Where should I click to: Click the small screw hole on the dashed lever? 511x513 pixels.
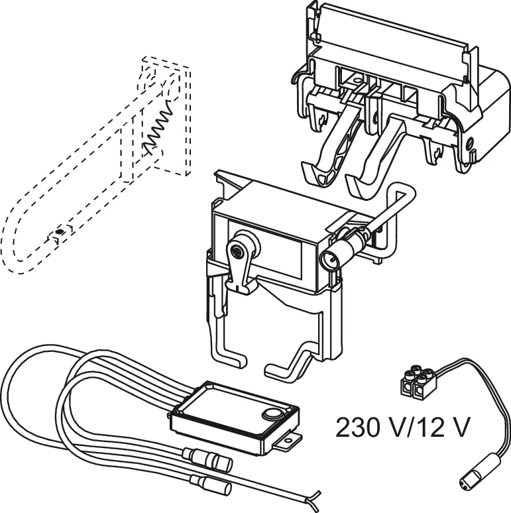click(60, 231)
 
